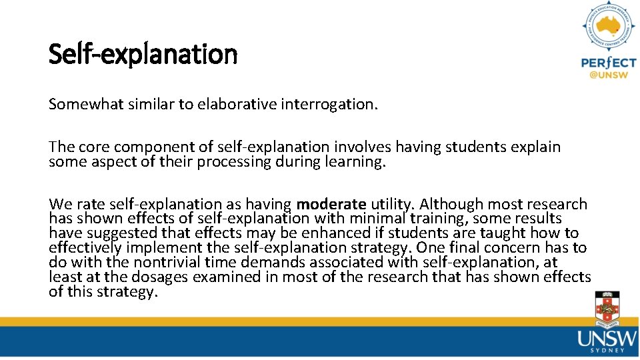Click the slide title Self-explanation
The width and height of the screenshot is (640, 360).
143,54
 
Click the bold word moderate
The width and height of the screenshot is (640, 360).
331,204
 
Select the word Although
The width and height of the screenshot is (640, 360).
450,204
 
